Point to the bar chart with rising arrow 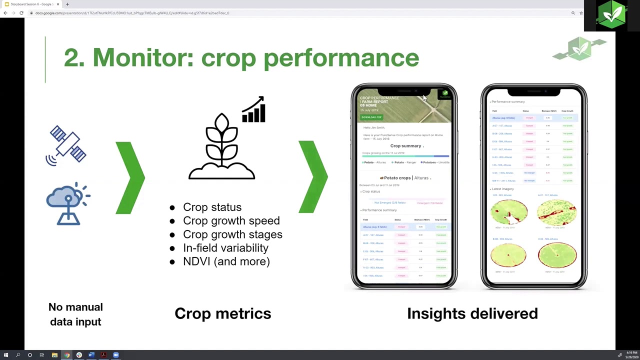tap(253, 109)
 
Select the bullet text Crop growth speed tap(231, 220)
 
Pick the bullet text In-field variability tap(225, 247)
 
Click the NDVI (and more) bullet tap(226, 261)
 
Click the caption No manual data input tap(75, 314)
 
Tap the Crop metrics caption tap(222, 313)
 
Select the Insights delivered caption tap(472, 313)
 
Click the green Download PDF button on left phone tap(371, 117)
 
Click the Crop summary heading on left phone tap(405, 146)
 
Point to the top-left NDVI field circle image tap(509, 212)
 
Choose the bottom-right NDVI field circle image tap(557, 255)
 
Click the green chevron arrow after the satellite tap(131, 177)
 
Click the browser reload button tap(21, 13)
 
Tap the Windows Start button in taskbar tap(5, 355)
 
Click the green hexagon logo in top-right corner tap(611, 15)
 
